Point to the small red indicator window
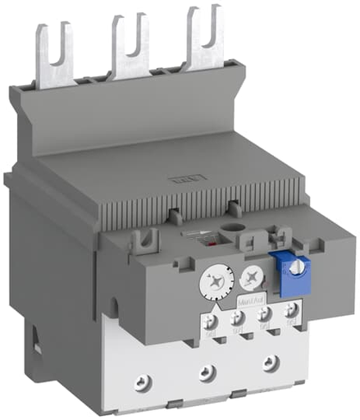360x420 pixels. [x=216, y=244]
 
